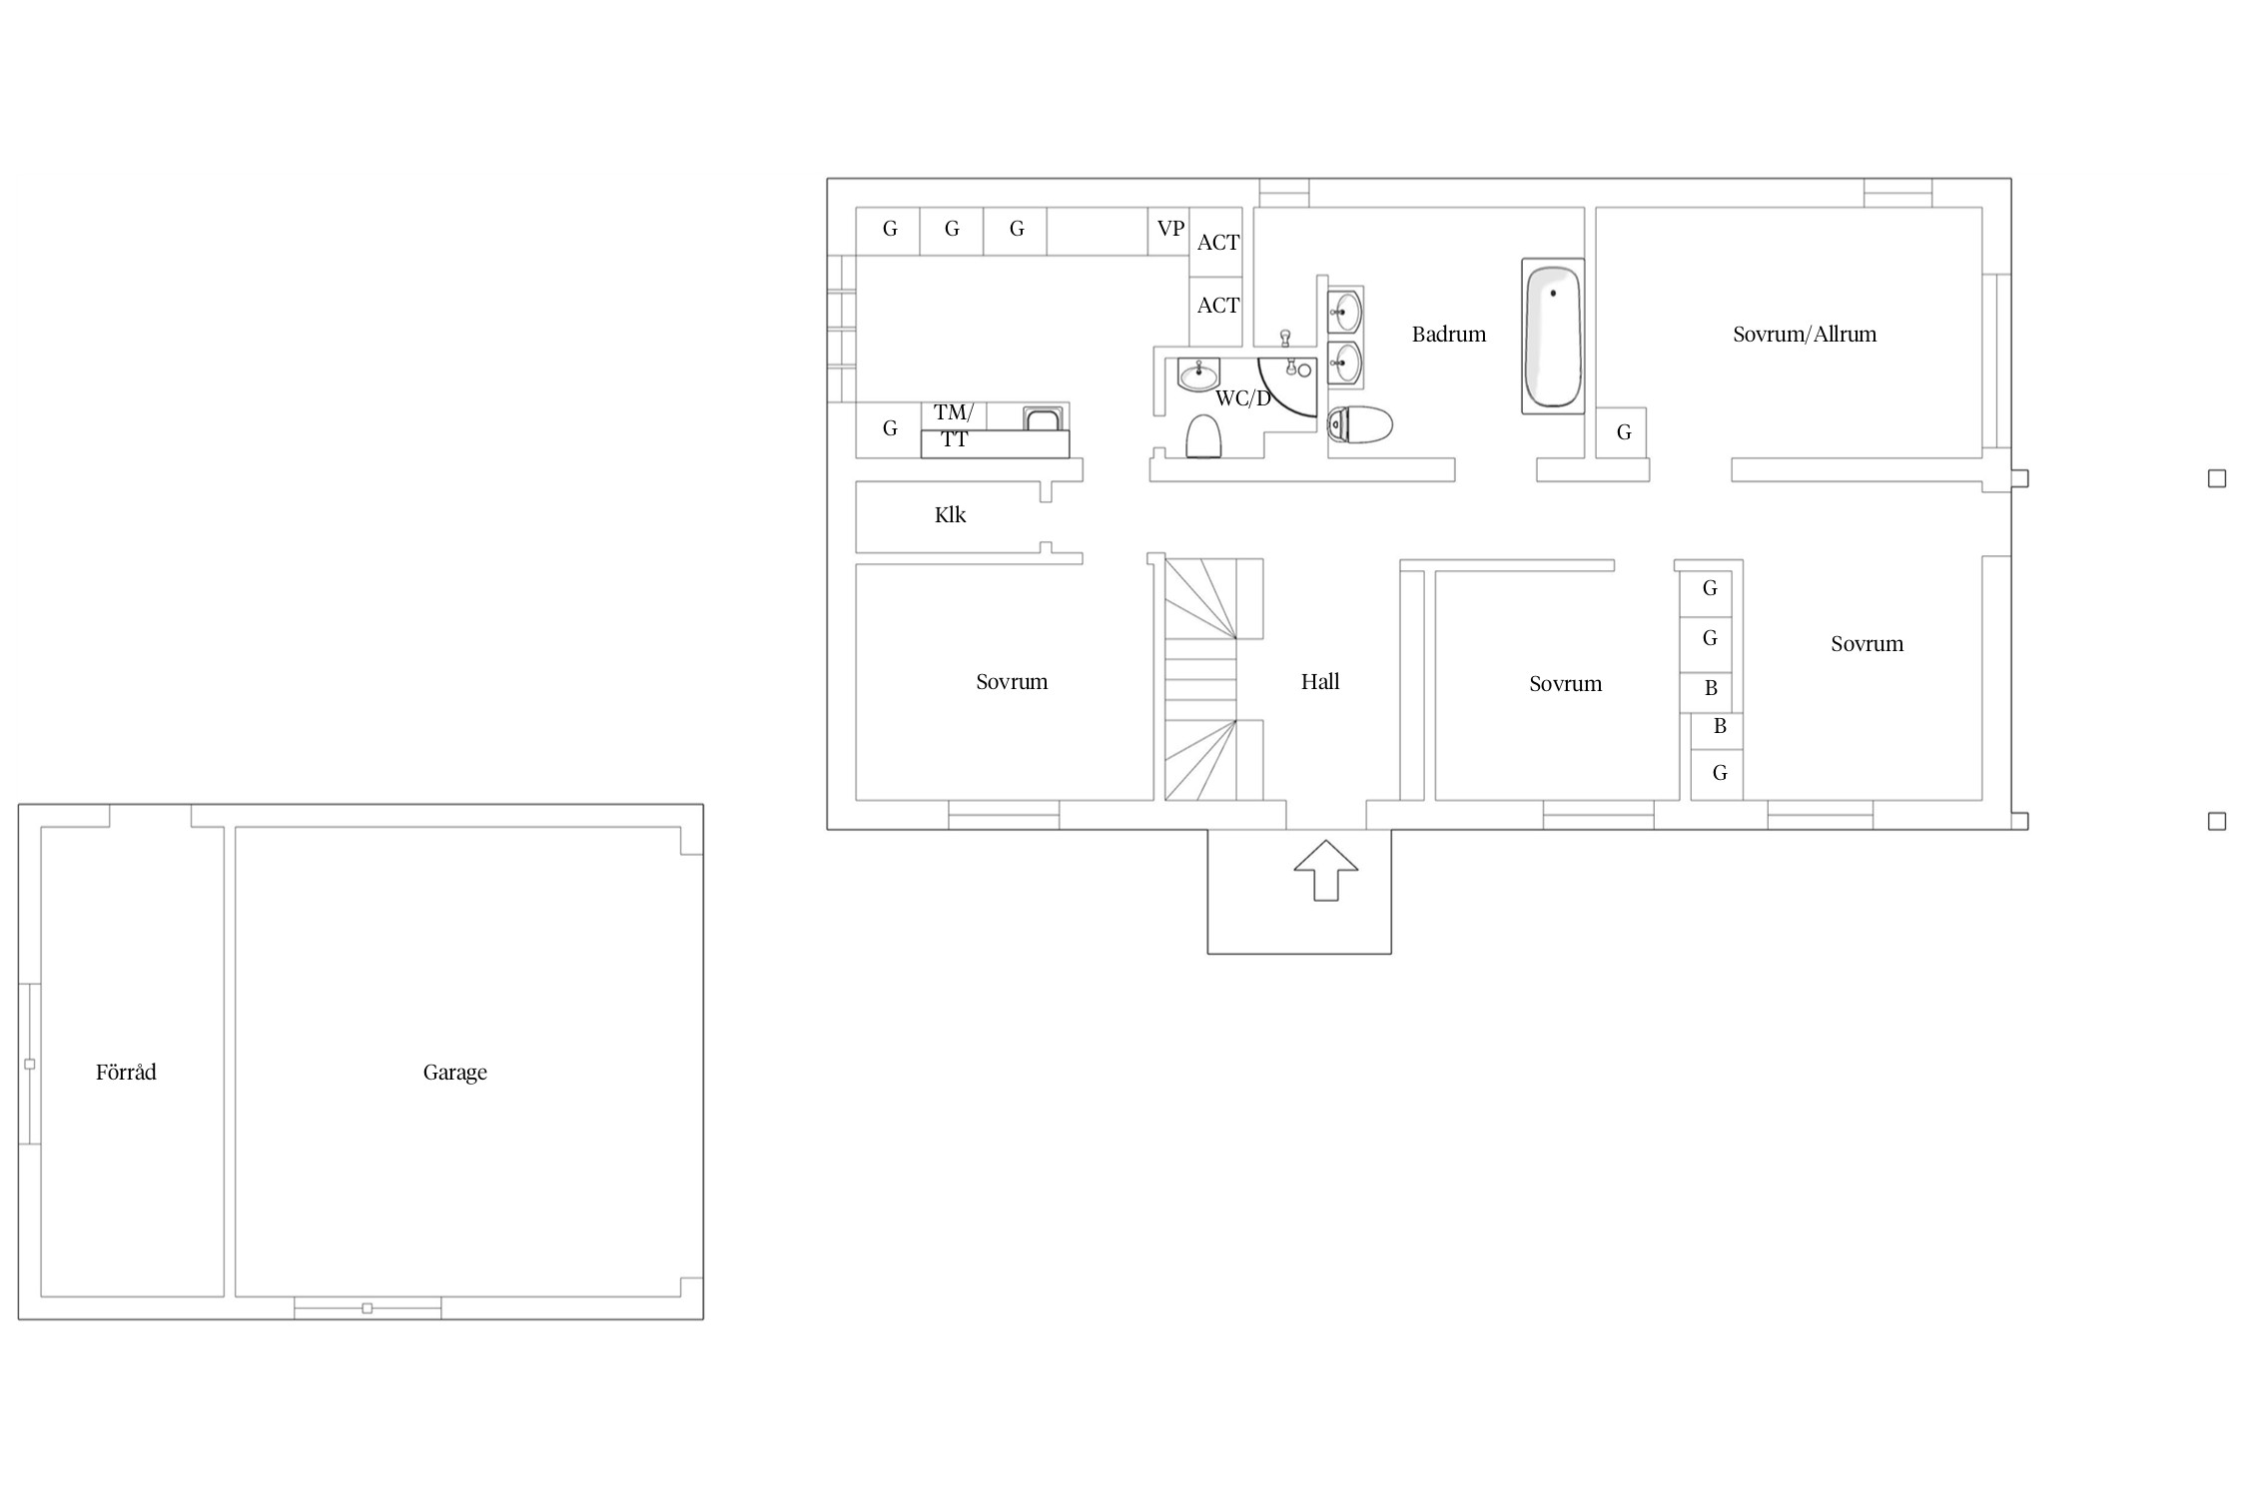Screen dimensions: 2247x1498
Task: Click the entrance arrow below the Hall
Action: (x=1325, y=870)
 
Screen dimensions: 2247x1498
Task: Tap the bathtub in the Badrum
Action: (x=1552, y=336)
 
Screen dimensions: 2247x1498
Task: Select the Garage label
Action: (x=454, y=1073)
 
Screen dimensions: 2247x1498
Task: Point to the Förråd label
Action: (x=126, y=1072)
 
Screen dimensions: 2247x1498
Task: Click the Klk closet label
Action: (x=950, y=514)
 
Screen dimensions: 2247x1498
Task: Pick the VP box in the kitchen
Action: (x=1170, y=229)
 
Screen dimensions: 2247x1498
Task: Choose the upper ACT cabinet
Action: (x=1216, y=243)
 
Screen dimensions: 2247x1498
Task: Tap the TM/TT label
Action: (x=954, y=425)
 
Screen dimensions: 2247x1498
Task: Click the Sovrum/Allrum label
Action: (x=1804, y=335)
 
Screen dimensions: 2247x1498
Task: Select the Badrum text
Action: (x=1448, y=335)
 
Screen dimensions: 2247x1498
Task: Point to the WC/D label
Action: (x=1242, y=398)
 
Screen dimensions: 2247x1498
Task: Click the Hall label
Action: (x=1319, y=682)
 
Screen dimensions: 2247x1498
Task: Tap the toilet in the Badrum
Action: (x=1360, y=424)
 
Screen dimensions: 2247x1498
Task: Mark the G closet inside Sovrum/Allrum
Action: (x=1621, y=432)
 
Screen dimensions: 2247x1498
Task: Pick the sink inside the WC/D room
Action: (x=1198, y=374)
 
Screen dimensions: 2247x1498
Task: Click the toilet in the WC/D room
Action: (x=1204, y=436)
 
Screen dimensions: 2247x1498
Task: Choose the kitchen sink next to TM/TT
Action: (x=1044, y=417)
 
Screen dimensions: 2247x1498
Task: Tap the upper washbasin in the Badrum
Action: (x=1345, y=312)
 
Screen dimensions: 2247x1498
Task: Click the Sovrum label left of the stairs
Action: (x=1012, y=682)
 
